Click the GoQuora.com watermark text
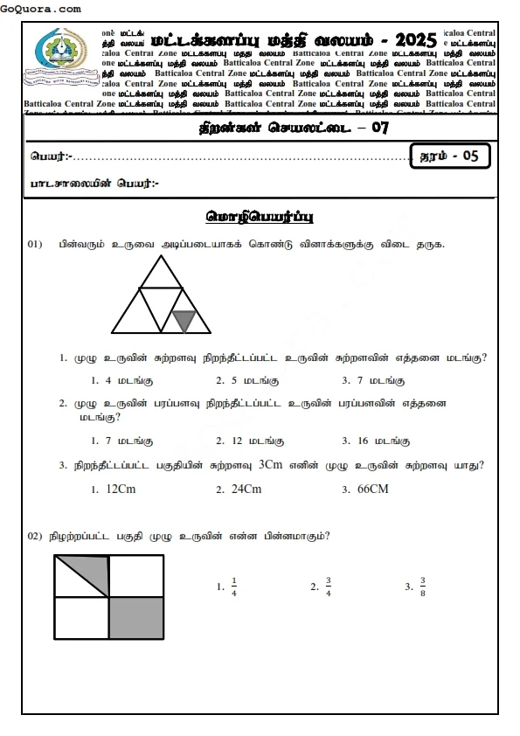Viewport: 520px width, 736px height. [42, 8]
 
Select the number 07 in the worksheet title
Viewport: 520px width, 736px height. [379, 128]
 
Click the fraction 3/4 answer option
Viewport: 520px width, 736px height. [329, 587]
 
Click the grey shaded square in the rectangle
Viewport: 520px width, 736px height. [136, 618]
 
